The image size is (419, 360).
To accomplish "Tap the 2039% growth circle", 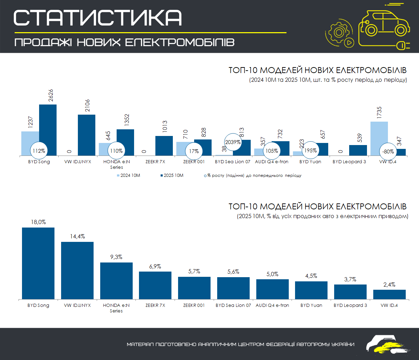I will (x=233, y=142).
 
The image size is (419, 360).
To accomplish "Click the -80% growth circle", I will (x=388, y=152).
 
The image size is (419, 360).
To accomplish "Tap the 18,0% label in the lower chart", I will (x=38, y=222).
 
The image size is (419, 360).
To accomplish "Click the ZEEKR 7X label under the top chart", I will (x=155, y=162).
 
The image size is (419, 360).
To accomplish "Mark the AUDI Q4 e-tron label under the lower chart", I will (x=272, y=305).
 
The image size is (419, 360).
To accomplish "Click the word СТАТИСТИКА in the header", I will (x=98, y=17).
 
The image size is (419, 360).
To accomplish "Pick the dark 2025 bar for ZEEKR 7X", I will (x=164, y=145).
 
